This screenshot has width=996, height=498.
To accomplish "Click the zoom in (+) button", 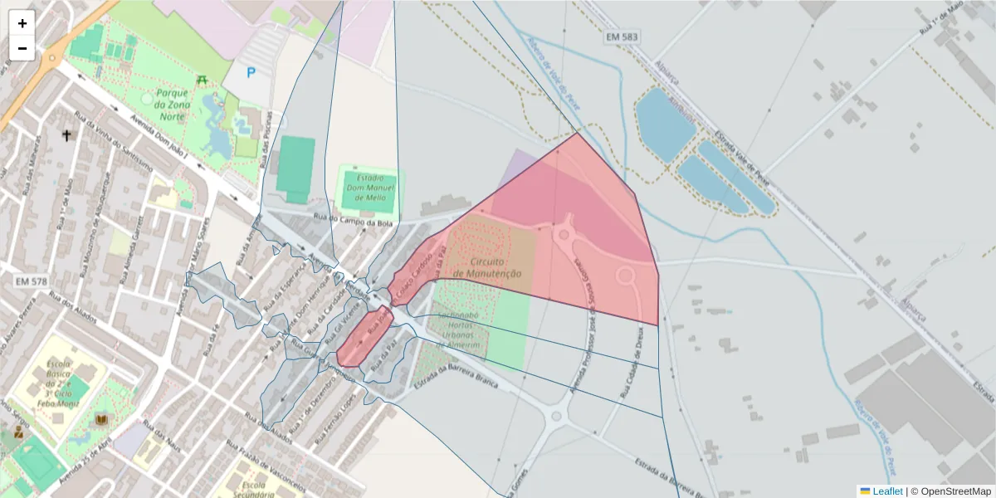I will point(22,23).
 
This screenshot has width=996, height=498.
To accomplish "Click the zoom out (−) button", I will point(22,48).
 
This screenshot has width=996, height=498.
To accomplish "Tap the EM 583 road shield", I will point(623,38).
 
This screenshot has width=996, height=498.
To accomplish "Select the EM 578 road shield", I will point(31,281).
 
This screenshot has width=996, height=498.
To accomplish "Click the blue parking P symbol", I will point(251,73).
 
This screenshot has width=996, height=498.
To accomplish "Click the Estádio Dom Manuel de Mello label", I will point(370,188).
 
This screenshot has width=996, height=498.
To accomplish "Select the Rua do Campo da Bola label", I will point(353,218).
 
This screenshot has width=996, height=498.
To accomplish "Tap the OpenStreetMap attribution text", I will point(951,491).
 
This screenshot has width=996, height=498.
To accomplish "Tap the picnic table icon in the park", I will point(201,80).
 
